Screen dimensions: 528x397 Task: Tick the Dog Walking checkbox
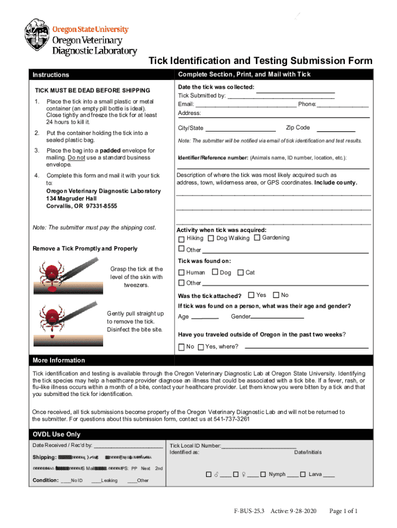pos(211,238)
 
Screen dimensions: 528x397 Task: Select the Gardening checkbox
pos(257,238)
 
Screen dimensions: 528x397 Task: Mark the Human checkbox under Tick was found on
pos(181,272)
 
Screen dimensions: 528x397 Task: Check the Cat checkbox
pos(240,272)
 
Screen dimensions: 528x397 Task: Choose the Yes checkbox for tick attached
pos(251,295)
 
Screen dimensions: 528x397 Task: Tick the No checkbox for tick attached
pos(276,295)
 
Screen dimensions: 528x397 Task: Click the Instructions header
pos(51,75)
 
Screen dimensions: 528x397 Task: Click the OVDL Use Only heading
pos(57,434)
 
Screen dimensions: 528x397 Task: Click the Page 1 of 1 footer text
pos(343,511)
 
